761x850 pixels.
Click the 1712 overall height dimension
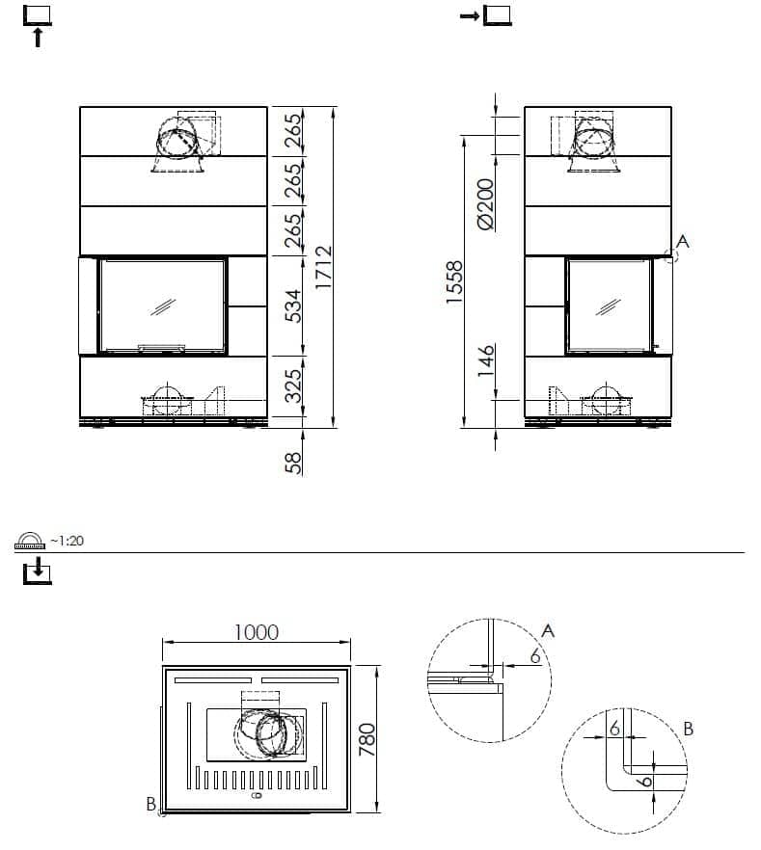pyautogui.click(x=324, y=267)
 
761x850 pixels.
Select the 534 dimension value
pyautogui.click(x=293, y=305)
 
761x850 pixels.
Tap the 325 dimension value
pyautogui.click(x=293, y=385)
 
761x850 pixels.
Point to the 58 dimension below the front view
pyautogui.click(x=293, y=463)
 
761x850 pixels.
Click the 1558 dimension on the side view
pyautogui.click(x=454, y=281)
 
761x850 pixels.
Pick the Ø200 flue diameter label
pyautogui.click(x=485, y=204)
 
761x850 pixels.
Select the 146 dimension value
pyautogui.click(x=486, y=360)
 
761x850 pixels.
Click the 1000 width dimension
pyautogui.click(x=256, y=632)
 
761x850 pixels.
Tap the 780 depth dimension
pyautogui.click(x=367, y=739)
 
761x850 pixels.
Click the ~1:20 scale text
pyautogui.click(x=67, y=541)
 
